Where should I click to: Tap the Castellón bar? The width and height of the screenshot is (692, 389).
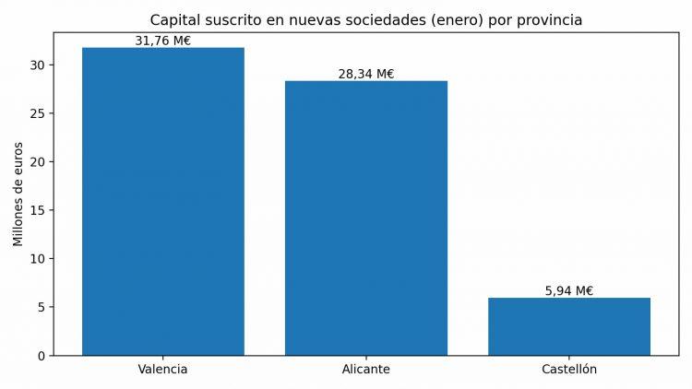569,326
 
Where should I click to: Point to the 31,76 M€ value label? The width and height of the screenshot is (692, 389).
163,41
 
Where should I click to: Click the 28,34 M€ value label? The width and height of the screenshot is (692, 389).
366,74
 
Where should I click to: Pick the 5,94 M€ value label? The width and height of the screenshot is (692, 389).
569,290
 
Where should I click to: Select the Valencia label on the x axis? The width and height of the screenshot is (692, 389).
163,370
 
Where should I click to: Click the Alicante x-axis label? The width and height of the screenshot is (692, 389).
366,370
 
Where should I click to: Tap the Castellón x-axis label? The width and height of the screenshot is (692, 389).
569,370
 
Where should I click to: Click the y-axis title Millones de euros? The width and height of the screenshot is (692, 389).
18,194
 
